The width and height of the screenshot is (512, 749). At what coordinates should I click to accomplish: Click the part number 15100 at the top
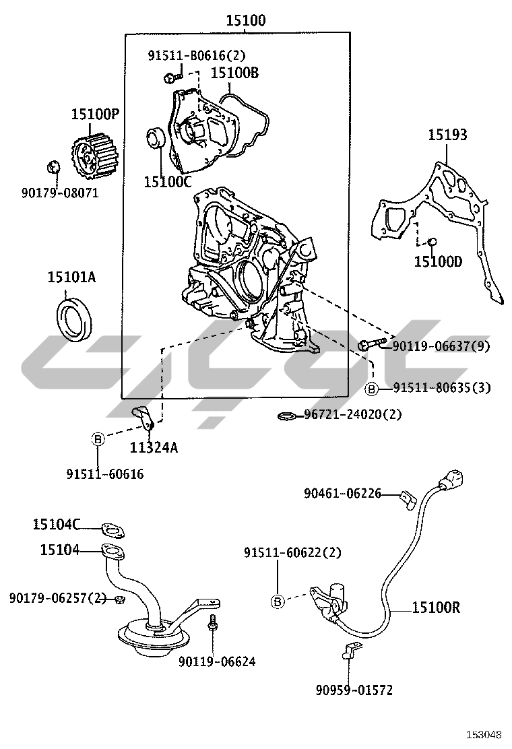tap(245, 21)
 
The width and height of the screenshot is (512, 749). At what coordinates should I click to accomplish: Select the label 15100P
tap(95, 115)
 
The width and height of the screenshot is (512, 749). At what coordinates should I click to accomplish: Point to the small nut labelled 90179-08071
tap(52, 166)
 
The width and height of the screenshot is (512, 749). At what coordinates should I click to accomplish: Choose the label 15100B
tap(234, 72)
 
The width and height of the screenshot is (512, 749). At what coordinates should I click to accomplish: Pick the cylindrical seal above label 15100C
tap(156, 139)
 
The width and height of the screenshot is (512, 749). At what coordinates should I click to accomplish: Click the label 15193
tap(447, 135)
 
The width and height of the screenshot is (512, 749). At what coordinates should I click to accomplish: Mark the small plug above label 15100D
tap(433, 241)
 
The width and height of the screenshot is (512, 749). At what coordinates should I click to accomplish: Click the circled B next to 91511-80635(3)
tap(371, 388)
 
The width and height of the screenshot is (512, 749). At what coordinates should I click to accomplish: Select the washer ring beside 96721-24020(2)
tap(286, 416)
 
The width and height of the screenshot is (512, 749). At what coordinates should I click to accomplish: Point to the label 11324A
tap(154, 447)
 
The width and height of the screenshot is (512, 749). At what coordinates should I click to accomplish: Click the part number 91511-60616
tap(104, 474)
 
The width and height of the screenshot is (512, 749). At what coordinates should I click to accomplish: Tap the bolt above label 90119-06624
tap(214, 622)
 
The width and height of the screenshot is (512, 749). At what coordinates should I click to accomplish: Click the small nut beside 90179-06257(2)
tap(119, 599)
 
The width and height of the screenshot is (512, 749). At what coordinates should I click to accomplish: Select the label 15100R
tap(436, 608)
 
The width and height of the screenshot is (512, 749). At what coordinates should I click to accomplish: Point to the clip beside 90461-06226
tap(408, 498)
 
